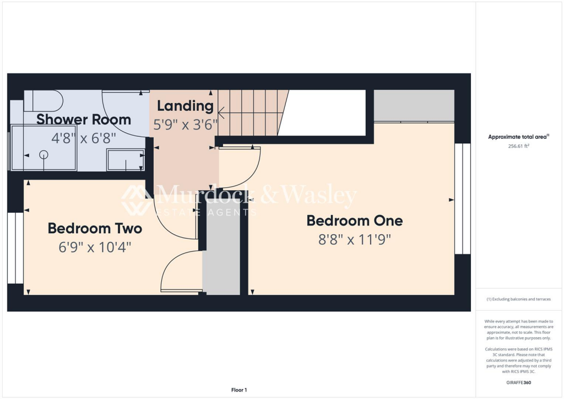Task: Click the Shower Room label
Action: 84,119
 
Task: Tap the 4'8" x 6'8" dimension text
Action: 84,138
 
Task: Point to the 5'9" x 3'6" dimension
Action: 185,125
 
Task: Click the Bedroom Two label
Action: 95,228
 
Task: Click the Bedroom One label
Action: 355,221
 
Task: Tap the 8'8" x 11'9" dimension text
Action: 355,239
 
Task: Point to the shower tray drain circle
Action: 44,155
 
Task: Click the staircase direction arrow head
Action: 221,114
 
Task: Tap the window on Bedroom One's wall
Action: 463,198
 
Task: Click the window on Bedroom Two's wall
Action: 15,248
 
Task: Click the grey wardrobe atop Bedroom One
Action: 414,105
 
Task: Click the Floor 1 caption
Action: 238,390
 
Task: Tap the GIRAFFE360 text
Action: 519,382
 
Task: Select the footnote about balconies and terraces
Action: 518,299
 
